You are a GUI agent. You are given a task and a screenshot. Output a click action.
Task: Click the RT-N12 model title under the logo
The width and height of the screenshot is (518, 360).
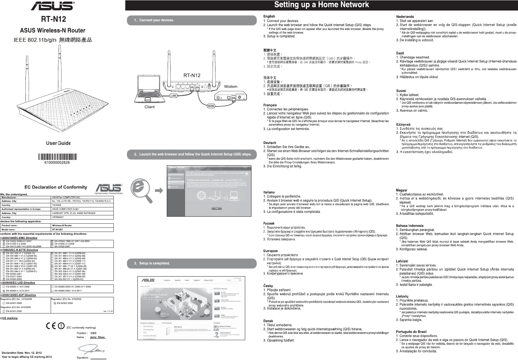(54, 19)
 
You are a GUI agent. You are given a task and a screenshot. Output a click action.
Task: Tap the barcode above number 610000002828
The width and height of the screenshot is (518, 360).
(58, 156)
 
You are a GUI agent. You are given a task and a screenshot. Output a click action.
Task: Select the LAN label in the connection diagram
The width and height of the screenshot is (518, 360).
(173, 95)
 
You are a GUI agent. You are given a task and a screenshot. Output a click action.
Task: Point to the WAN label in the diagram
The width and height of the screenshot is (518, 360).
(211, 106)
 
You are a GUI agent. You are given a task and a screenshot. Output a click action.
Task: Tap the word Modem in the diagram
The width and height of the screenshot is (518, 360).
(231, 86)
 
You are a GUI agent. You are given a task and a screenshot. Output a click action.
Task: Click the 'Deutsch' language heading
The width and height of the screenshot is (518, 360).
(270, 143)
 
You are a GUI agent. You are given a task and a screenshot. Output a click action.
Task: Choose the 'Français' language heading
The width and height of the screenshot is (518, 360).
(270, 105)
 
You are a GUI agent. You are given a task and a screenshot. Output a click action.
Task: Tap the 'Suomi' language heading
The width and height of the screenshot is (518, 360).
(401, 91)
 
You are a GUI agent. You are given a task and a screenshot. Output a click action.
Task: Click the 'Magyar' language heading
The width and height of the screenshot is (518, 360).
(402, 190)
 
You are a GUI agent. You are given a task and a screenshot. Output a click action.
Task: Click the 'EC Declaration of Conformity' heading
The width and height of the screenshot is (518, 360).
(56, 187)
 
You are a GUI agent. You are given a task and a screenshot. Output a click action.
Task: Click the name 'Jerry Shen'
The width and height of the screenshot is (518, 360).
(97, 337)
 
